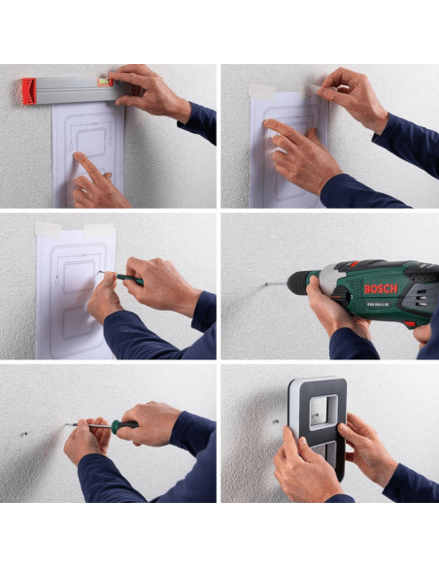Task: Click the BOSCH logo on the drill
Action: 381,288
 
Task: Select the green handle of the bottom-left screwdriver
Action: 125,424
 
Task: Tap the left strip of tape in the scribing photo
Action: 48,230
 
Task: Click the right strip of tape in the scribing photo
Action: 99,229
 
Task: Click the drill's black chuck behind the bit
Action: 310,283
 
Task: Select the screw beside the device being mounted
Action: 276,421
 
